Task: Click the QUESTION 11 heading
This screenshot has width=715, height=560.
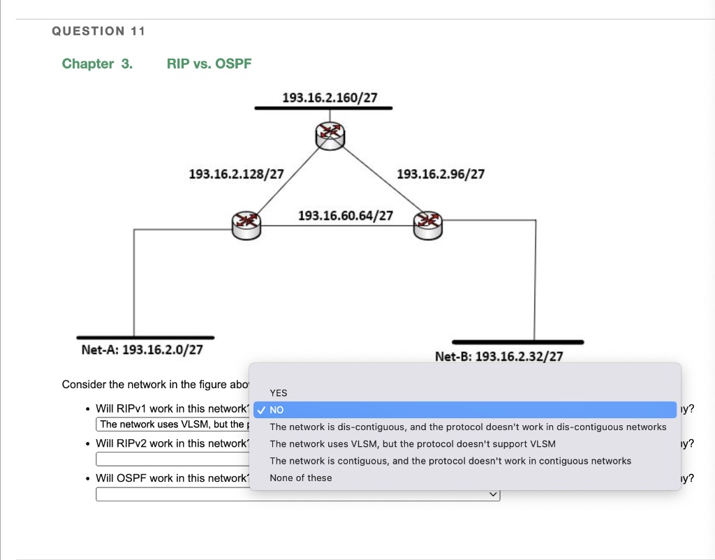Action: click(x=98, y=31)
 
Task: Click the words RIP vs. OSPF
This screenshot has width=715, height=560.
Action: click(x=209, y=64)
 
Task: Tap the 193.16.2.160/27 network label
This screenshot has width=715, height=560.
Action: click(x=330, y=97)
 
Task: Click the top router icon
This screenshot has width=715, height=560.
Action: click(x=330, y=135)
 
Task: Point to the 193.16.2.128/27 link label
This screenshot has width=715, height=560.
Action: click(x=236, y=174)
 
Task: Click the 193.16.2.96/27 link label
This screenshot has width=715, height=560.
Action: click(x=440, y=174)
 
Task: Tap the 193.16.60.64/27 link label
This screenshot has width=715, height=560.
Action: click(x=345, y=215)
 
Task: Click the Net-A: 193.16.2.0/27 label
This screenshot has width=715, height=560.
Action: click(x=142, y=349)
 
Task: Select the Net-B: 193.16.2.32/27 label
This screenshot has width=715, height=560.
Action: click(x=499, y=357)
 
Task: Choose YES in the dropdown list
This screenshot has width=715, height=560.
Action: click(x=279, y=393)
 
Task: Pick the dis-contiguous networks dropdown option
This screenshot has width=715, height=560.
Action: click(x=468, y=427)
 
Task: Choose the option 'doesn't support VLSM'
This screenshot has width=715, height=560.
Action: click(x=413, y=444)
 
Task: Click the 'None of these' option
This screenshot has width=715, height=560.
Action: click(x=301, y=478)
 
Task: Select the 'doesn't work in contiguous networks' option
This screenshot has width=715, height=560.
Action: click(x=450, y=461)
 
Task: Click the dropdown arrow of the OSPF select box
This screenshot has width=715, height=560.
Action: click(x=494, y=494)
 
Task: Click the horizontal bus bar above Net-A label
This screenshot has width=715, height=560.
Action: click(x=145, y=337)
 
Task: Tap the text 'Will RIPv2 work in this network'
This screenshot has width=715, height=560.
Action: click(x=171, y=443)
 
